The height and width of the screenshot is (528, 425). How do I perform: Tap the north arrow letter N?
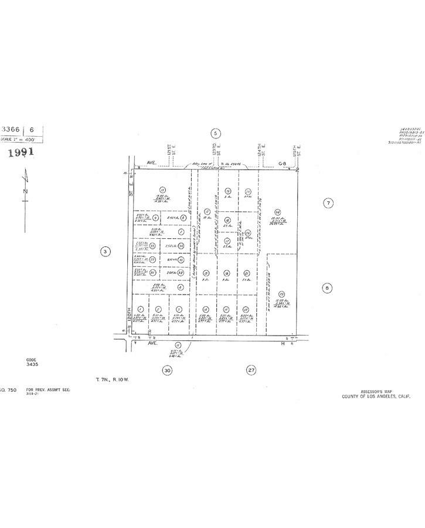[25, 191]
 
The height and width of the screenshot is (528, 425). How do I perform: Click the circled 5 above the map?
[216, 134]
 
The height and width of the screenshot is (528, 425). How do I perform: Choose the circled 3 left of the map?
[105, 252]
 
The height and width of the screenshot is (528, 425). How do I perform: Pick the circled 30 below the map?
[167, 370]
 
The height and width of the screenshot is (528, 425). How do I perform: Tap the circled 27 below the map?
[251, 370]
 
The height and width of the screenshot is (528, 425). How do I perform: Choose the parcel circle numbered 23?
[282, 293]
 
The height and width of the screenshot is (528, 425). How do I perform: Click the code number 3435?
[32, 365]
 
